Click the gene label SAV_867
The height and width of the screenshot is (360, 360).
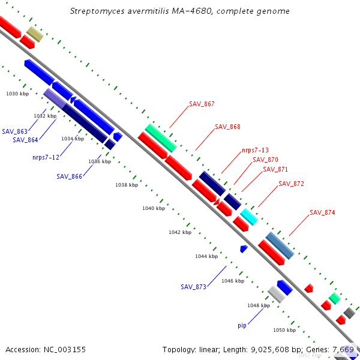[202, 104]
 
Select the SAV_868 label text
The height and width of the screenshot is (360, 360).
[227, 127]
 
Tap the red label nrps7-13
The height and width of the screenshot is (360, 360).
[255, 151]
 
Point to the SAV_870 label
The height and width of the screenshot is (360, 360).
[265, 160]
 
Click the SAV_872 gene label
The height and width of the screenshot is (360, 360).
[291, 184]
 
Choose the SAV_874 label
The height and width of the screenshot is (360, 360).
[322, 213]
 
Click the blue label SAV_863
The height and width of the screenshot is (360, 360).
[14, 131]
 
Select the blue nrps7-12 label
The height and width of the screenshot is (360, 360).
[46, 158]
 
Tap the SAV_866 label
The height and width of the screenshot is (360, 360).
[69, 176]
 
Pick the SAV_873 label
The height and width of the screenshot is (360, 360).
[193, 287]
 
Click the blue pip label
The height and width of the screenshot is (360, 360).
[242, 326]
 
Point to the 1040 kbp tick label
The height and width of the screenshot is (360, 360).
[153, 208]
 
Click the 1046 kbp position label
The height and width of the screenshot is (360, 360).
[233, 281]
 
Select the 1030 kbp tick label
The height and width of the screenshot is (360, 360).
[17, 94]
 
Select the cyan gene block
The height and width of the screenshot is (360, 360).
[248, 217]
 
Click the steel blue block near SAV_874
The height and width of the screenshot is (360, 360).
[280, 245]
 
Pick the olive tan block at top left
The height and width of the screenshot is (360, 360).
[35, 34]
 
